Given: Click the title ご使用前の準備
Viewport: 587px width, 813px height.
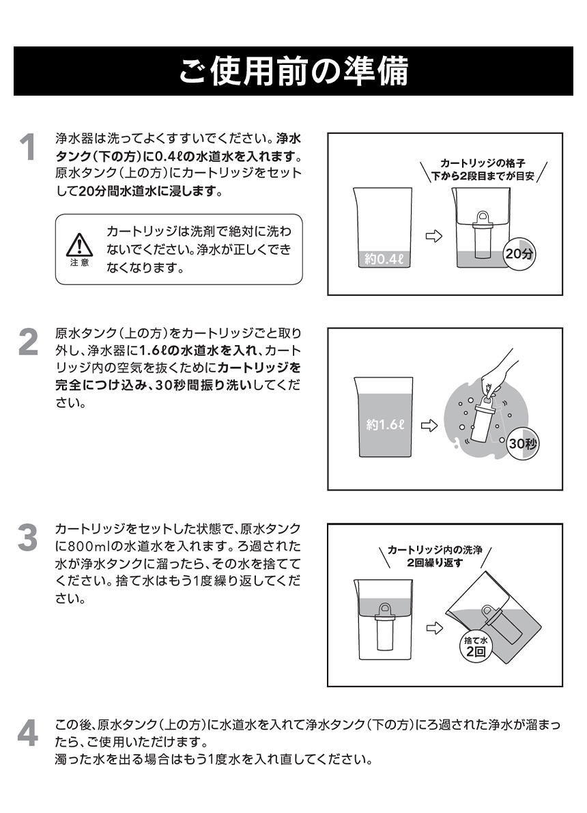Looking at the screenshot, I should tap(293, 71).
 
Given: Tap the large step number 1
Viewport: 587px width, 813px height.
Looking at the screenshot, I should tap(27, 148).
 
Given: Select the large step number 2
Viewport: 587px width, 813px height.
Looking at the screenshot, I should tap(27, 342).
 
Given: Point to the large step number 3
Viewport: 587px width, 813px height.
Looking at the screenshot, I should tap(27, 538).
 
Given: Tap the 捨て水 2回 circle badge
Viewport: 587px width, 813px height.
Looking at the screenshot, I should tap(474, 646).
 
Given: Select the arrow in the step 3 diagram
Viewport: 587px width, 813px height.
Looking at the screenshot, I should tap(432, 627).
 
